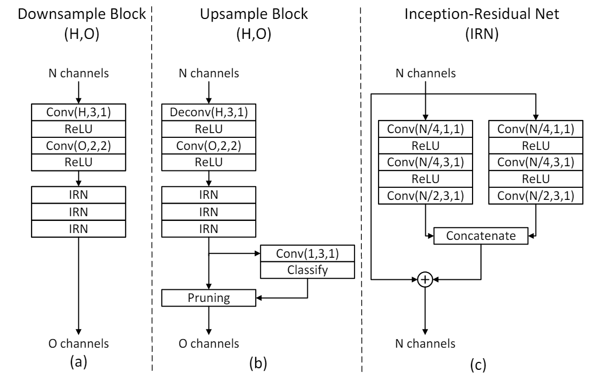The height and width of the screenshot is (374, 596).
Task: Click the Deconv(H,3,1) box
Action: (x=210, y=112)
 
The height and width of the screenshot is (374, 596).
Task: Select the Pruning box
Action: (x=210, y=298)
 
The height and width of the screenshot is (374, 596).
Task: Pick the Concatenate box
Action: (x=480, y=237)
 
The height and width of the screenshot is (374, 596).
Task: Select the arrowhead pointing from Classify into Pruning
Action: (x=261, y=298)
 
